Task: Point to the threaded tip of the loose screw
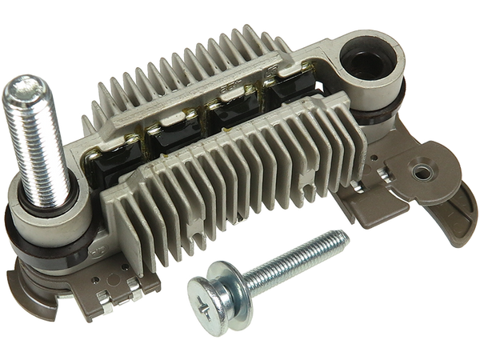pyautogui.click(x=342, y=233)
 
